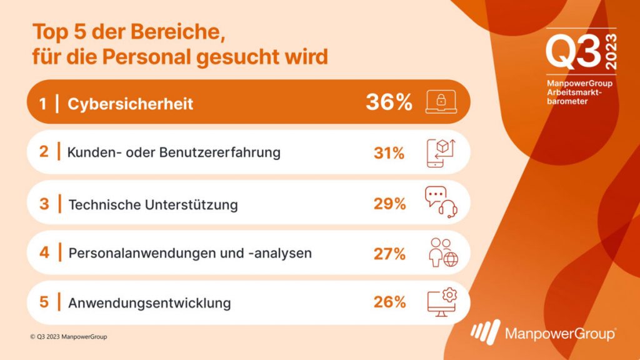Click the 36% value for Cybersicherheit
click(389, 102)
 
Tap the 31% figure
click(389, 152)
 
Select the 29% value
click(389, 203)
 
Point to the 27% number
click(389, 253)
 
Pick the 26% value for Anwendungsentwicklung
click(389, 302)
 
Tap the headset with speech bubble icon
click(441, 202)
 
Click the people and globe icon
click(442, 252)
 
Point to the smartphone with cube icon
click(441, 152)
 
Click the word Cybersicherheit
click(130, 103)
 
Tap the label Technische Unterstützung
click(152, 204)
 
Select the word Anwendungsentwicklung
click(149, 303)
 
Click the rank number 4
click(44, 253)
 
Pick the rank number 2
click(44, 152)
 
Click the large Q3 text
click(572, 52)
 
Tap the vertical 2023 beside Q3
click(610, 52)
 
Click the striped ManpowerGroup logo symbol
click(485, 332)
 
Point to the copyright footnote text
click(68, 337)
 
